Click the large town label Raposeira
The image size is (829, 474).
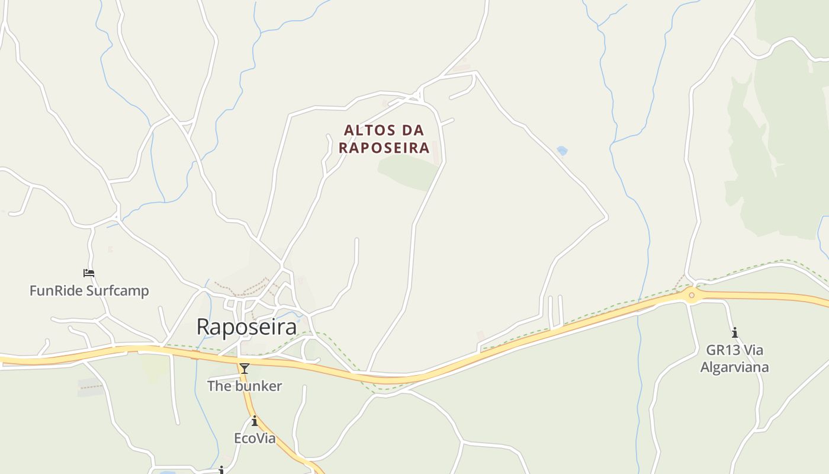246,326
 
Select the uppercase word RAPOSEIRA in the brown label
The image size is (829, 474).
384,148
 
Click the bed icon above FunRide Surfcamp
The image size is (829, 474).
89,273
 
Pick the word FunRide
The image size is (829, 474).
56,291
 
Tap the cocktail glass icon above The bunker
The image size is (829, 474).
244,369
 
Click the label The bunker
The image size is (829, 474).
244,386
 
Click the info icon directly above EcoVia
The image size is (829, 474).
255,421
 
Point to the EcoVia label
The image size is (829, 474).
255,438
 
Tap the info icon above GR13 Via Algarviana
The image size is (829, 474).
735,332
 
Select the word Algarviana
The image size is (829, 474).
735,367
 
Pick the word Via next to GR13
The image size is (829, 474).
753,350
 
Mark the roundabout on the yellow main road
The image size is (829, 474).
691,295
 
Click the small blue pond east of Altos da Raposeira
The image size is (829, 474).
562,151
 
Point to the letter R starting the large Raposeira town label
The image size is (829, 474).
203,326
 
